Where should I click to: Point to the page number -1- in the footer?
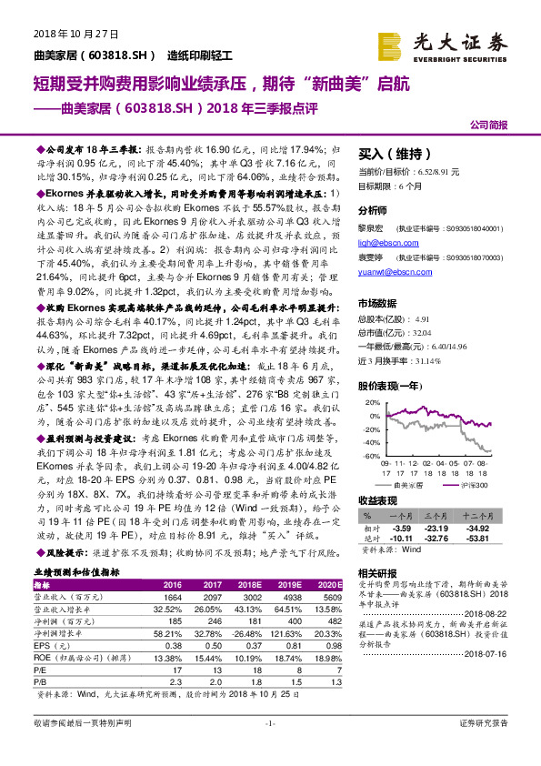tap(270, 748)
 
